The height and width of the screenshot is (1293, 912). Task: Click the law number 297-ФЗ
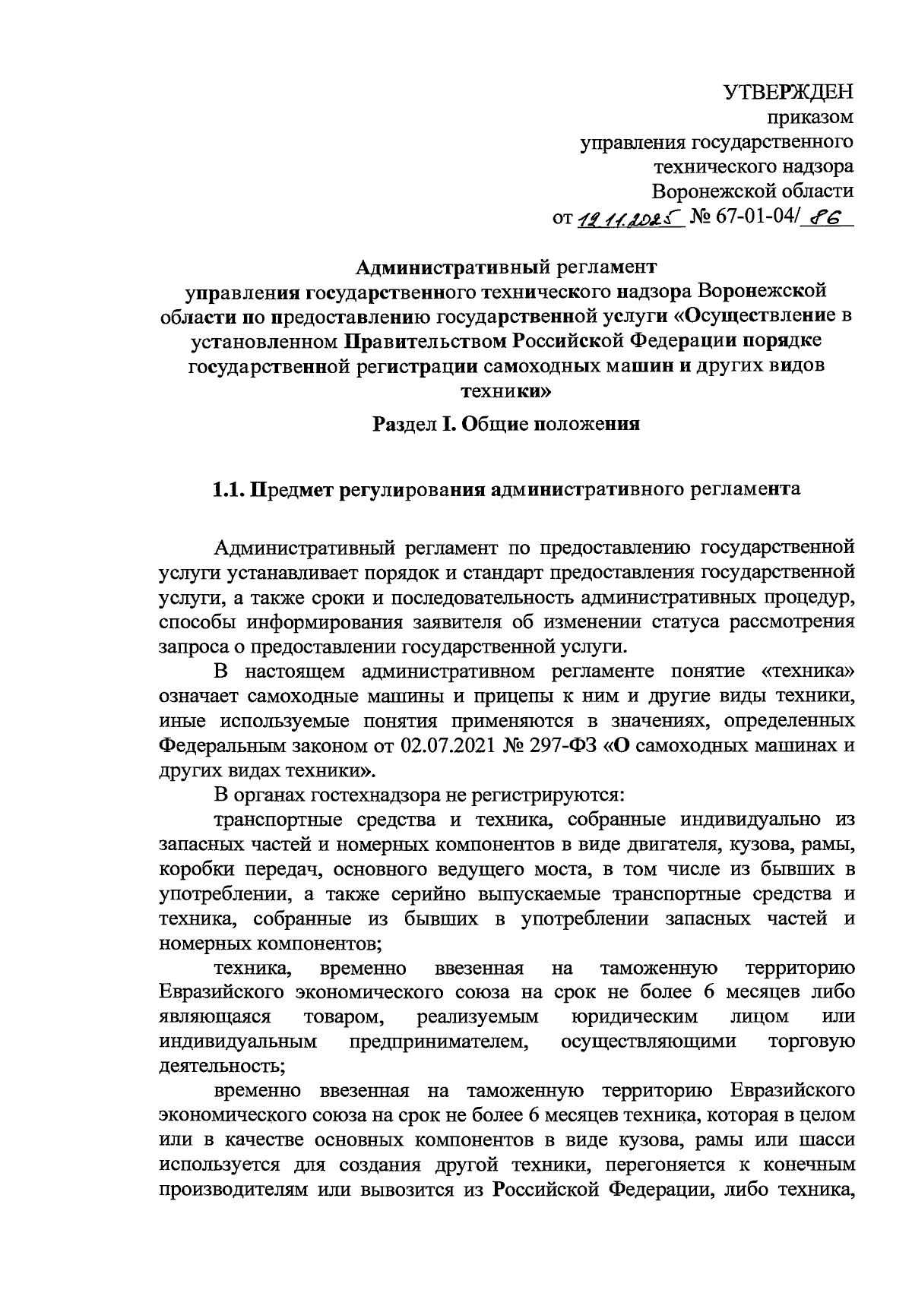[x=561, y=745]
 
